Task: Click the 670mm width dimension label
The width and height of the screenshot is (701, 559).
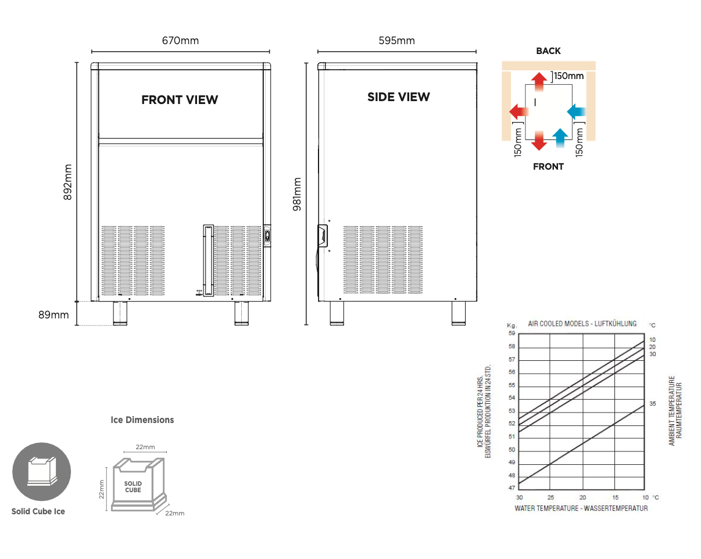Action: (180, 41)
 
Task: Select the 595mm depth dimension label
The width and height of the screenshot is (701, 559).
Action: (396, 41)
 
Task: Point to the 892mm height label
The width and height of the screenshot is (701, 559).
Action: (68, 182)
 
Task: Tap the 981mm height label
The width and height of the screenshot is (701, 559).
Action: (297, 194)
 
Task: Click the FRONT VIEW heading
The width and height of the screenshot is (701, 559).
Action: (180, 100)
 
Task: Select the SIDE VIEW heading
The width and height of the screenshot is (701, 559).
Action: (398, 97)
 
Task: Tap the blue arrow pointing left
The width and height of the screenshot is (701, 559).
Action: (578, 110)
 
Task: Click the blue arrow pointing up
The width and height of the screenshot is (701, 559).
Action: (560, 139)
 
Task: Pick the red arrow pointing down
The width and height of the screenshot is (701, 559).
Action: (539, 140)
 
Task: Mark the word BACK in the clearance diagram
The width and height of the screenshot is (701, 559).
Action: (548, 51)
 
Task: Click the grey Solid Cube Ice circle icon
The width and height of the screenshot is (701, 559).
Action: (42, 471)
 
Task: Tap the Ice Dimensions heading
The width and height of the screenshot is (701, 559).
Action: (142, 420)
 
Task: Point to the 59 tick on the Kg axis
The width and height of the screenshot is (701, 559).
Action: (512, 334)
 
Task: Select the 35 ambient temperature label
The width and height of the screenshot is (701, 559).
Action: (652, 403)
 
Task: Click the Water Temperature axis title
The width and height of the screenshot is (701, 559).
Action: (581, 508)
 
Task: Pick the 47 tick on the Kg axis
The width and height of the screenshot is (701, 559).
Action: (512, 488)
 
